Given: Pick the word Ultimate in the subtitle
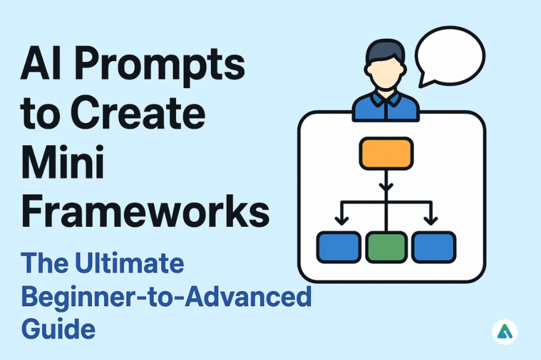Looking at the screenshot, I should [125, 263].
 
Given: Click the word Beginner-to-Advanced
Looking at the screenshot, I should [166, 297].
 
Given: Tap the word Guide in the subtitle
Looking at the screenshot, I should [58, 328].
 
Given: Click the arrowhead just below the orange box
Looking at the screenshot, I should [386, 187].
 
